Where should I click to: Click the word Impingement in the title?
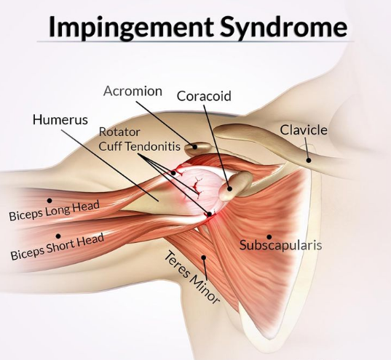(131, 27)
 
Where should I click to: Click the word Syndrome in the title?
(284, 28)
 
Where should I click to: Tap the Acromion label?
(133, 91)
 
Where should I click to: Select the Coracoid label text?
(204, 96)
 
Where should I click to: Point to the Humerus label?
(60, 119)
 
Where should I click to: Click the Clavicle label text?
(304, 129)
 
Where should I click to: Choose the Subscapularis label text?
(281, 245)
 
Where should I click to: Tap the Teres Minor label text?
(191, 278)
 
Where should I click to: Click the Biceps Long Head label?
(55, 211)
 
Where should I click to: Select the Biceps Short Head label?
(58, 247)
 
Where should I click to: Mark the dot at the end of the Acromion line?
(195, 147)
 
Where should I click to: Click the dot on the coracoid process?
(229, 188)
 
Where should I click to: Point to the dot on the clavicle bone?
(309, 160)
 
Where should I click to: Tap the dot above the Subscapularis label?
(269, 236)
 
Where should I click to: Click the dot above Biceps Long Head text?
(50, 200)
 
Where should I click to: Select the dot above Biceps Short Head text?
(58, 236)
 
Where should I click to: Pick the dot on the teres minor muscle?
(204, 257)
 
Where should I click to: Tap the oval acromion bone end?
(197, 148)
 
